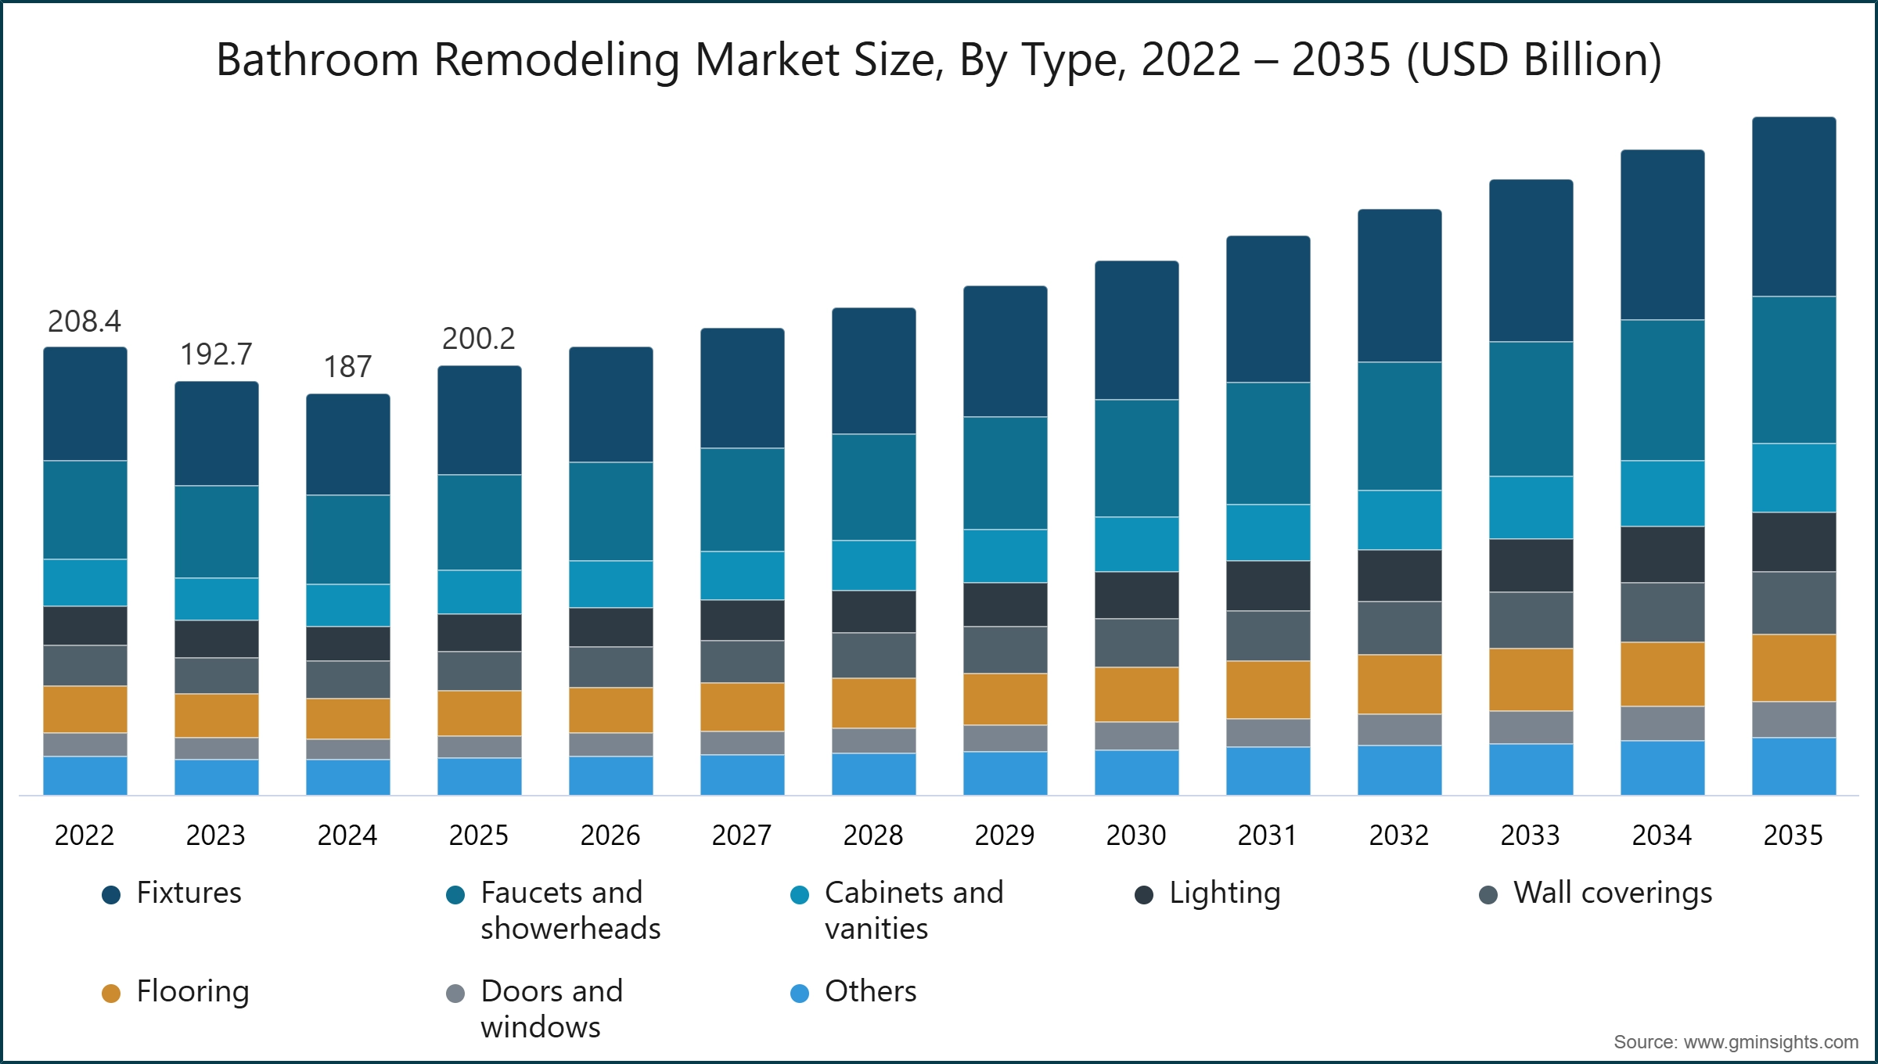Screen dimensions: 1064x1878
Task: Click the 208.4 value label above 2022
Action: tap(85, 322)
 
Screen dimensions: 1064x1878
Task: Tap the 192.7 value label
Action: tap(216, 354)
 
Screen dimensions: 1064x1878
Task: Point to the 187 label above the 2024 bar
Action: tap(347, 367)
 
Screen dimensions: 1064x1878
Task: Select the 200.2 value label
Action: tap(479, 339)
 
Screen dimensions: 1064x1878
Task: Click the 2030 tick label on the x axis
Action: tap(1136, 836)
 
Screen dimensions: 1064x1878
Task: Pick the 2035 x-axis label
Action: tap(1793, 836)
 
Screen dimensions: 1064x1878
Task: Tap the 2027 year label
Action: tap(742, 836)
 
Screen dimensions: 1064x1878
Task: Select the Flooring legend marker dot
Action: tap(111, 994)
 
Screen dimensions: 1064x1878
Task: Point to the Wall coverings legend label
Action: tap(1613, 893)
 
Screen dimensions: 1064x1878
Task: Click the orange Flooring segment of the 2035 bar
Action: tap(1793, 667)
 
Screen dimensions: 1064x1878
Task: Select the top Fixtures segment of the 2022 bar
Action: tap(85, 404)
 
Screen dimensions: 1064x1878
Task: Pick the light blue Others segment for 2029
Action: tap(1005, 773)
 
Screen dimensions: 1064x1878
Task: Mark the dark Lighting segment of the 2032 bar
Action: tap(1399, 576)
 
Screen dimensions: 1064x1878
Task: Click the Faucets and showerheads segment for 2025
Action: tap(479, 522)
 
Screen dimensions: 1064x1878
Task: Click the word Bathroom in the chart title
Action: tap(318, 60)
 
